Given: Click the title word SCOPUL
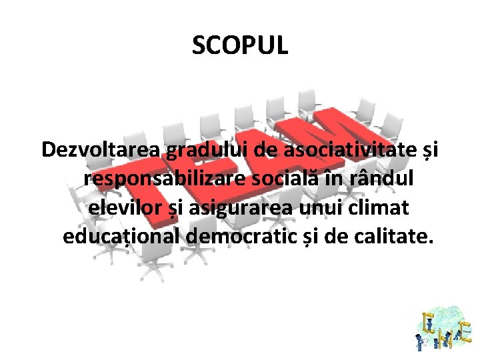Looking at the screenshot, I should tap(240, 46).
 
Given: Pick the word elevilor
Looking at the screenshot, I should tap(127, 207).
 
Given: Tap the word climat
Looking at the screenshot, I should tap(381, 207).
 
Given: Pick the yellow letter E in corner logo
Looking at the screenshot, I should tap(465, 331).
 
